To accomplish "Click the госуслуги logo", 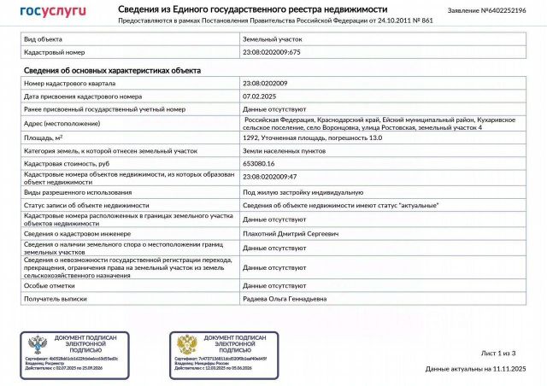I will tap(52, 11).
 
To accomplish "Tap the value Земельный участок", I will tap(272, 39).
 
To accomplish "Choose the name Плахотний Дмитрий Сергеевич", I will tap(291, 232).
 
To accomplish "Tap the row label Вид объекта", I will tap(43, 39).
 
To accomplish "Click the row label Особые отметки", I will tap(49, 285).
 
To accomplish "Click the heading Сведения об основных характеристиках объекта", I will tap(112, 70).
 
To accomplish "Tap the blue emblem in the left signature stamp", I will tap(38, 345).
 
